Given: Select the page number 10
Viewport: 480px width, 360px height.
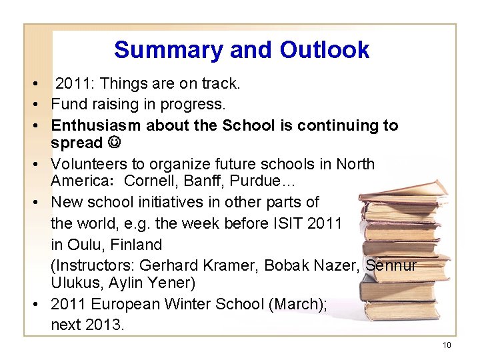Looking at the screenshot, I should tap(446, 345).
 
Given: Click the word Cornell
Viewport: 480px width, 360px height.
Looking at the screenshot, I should tap(150, 181).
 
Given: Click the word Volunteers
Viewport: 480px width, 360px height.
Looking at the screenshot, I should tap(89, 164).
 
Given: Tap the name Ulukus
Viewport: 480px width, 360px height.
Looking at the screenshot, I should tap(73, 283).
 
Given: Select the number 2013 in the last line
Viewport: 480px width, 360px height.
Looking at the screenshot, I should tap(101, 325).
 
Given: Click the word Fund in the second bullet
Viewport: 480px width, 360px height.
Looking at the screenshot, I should tap(68, 104).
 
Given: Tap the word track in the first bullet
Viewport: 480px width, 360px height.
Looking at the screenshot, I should tap(219, 84).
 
